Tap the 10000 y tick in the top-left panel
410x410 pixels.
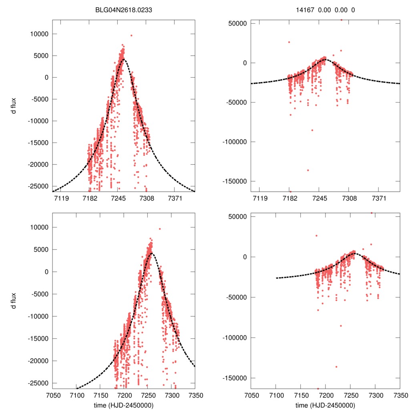coord(38,34)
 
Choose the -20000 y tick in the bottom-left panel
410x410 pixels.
coord(38,361)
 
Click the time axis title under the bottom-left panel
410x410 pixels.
coord(124,405)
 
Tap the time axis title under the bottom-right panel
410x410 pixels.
coord(326,405)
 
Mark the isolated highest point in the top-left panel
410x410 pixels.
coord(131,35)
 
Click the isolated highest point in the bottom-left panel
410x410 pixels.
coord(160,229)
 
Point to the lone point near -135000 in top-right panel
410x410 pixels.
coord(308,170)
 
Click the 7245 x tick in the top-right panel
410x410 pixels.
coord(319,198)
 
